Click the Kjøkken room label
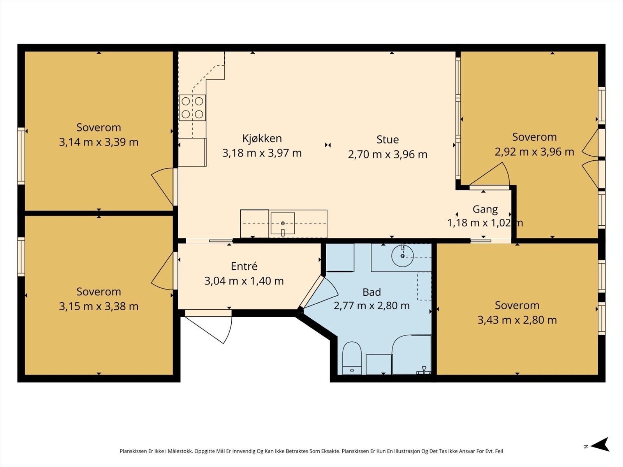pyautogui.click(x=262, y=139)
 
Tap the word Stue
pyautogui.click(x=387, y=139)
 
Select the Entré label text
pyautogui.click(x=244, y=266)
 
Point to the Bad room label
pyautogui.click(x=371, y=292)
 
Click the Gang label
pyautogui.click(x=485, y=209)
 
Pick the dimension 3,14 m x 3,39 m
pyautogui.click(x=99, y=142)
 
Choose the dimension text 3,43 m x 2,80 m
pyautogui.click(x=517, y=320)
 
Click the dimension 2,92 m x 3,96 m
pyautogui.click(x=535, y=152)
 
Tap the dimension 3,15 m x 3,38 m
pyautogui.click(x=99, y=307)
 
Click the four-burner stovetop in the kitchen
pyautogui.click(x=192, y=108)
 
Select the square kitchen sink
pyautogui.click(x=283, y=223)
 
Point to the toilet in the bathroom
pyautogui.click(x=352, y=358)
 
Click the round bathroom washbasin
pyautogui.click(x=403, y=256)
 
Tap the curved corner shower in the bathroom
pyautogui.click(x=412, y=355)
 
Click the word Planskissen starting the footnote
pyautogui.click(x=133, y=451)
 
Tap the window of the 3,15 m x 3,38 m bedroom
pyautogui.click(x=21, y=256)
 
